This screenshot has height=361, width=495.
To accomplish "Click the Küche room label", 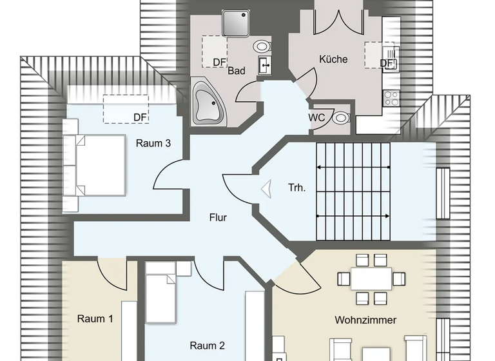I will [333, 59].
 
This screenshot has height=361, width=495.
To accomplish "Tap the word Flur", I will [217, 217].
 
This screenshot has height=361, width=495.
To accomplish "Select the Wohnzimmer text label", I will [365, 320].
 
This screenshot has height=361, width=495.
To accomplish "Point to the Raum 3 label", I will [153, 143].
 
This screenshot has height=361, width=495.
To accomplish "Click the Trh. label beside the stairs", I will [296, 188].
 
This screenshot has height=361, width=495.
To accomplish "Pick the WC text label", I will [317, 117].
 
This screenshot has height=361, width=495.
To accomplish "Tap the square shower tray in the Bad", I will [235, 23].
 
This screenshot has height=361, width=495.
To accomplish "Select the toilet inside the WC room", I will [340, 117].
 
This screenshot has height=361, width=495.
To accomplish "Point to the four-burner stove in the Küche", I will [391, 98].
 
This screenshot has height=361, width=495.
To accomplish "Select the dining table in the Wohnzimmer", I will [371, 278].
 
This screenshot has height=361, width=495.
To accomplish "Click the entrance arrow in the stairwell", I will [266, 188].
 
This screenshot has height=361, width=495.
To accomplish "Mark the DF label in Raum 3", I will [140, 117].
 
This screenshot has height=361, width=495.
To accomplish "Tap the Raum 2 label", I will [207, 345].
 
